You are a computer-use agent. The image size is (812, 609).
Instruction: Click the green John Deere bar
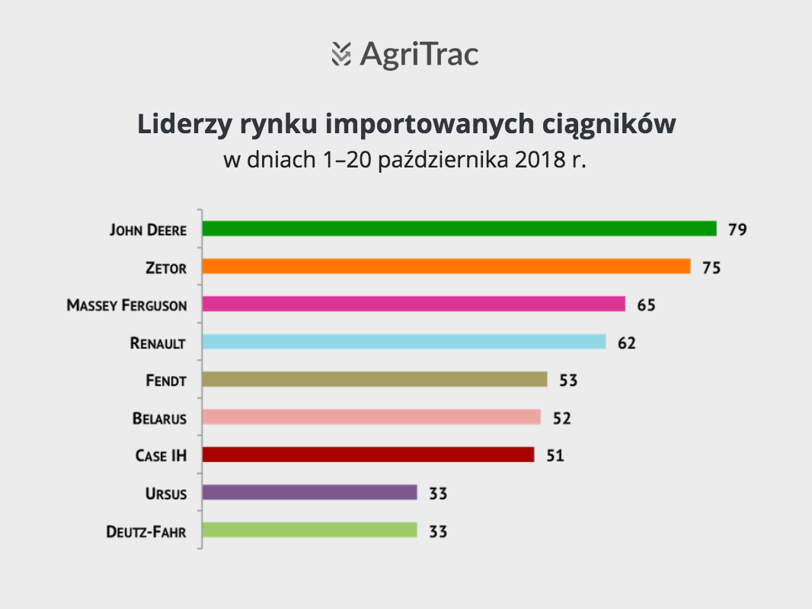click(x=459, y=228)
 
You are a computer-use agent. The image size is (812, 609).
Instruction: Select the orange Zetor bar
click(x=446, y=266)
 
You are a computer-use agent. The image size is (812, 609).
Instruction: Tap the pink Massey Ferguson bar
click(x=414, y=304)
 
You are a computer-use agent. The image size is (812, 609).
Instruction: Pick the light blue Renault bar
click(x=404, y=342)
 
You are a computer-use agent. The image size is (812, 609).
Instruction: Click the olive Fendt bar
click(x=375, y=380)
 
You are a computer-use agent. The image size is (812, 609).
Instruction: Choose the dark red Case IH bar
click(x=368, y=454)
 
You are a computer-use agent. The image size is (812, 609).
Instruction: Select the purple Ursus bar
click(x=310, y=493)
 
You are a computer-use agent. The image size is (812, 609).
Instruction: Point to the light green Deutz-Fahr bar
click(x=310, y=531)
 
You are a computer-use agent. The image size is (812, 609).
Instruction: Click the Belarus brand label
click(x=159, y=418)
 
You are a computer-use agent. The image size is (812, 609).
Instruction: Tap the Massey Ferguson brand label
click(x=127, y=305)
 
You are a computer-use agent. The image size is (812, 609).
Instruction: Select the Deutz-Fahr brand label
click(x=146, y=531)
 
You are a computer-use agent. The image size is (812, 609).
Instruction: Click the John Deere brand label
click(x=148, y=230)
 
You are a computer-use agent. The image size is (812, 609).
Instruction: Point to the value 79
click(x=737, y=229)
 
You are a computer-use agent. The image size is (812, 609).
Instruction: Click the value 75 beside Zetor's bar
click(x=711, y=267)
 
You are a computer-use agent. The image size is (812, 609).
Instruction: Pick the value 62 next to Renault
click(x=627, y=343)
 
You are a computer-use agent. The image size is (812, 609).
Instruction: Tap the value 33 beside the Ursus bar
click(x=438, y=493)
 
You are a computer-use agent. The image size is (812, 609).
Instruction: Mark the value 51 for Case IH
click(x=555, y=456)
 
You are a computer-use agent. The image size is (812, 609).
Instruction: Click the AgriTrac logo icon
click(x=341, y=54)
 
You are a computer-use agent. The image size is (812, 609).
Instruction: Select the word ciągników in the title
click(x=609, y=125)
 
